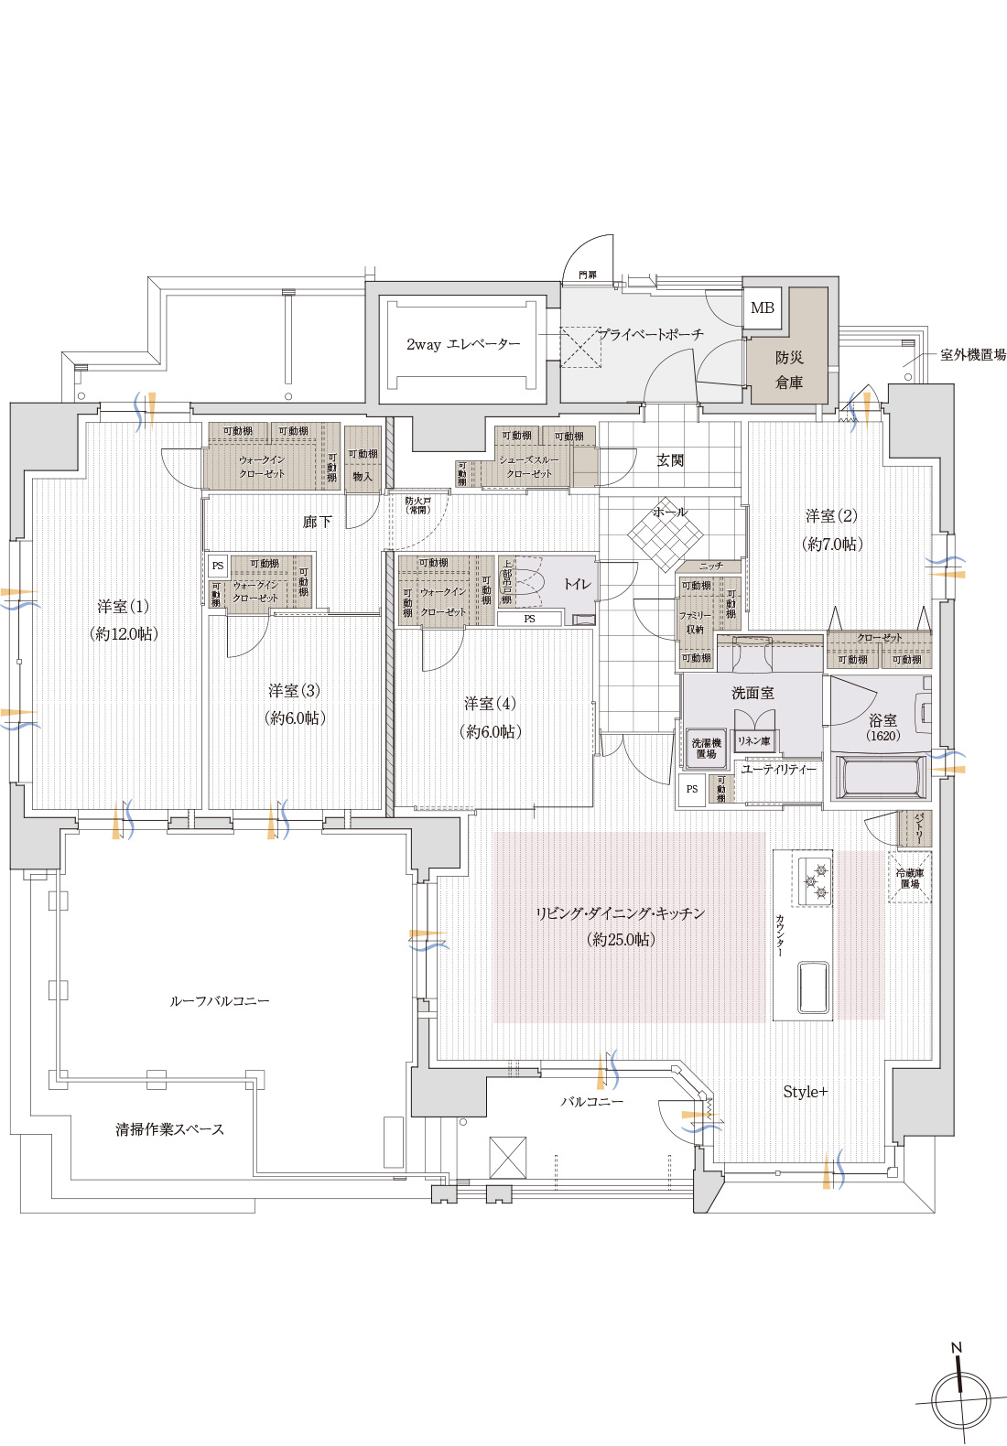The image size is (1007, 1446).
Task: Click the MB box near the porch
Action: [x=763, y=308]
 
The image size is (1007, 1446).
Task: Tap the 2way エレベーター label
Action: [x=463, y=345]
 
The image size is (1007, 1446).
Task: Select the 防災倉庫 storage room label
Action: [x=789, y=370]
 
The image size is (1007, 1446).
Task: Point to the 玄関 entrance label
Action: [x=670, y=460]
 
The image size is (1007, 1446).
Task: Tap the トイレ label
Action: [x=577, y=584]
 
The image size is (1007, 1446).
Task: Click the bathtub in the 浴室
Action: [x=878, y=777]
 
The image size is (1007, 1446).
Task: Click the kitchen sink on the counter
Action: [x=813, y=987]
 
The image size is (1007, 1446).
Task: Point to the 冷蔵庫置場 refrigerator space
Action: [x=909, y=879]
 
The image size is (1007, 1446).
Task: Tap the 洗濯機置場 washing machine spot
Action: [x=706, y=748]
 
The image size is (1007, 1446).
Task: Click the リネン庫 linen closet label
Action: [x=754, y=740]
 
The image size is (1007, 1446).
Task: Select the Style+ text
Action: [x=806, y=1092]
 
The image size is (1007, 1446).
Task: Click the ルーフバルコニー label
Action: [x=220, y=1001]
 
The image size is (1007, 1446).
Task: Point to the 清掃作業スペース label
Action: [x=169, y=1129]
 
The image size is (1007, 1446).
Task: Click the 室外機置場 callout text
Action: [x=972, y=355]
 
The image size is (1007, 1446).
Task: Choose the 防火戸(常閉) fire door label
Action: [x=417, y=505]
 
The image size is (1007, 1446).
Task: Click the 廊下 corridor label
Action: [x=317, y=522]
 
